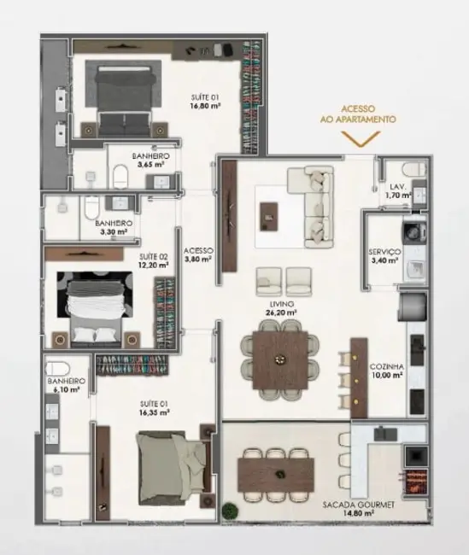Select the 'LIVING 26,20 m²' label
tap(280, 307)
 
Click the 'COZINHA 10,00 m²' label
tap(385, 371)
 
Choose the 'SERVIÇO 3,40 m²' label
tap(384, 256)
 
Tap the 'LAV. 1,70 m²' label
tap(397, 190)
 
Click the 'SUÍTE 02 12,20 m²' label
tap(154, 260)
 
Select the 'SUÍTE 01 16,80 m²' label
tap(206, 102)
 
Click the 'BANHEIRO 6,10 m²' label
tap(64, 385)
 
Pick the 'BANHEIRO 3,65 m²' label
tap(149, 161)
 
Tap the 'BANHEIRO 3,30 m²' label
tap(111, 225)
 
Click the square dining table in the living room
tap(278, 350)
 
